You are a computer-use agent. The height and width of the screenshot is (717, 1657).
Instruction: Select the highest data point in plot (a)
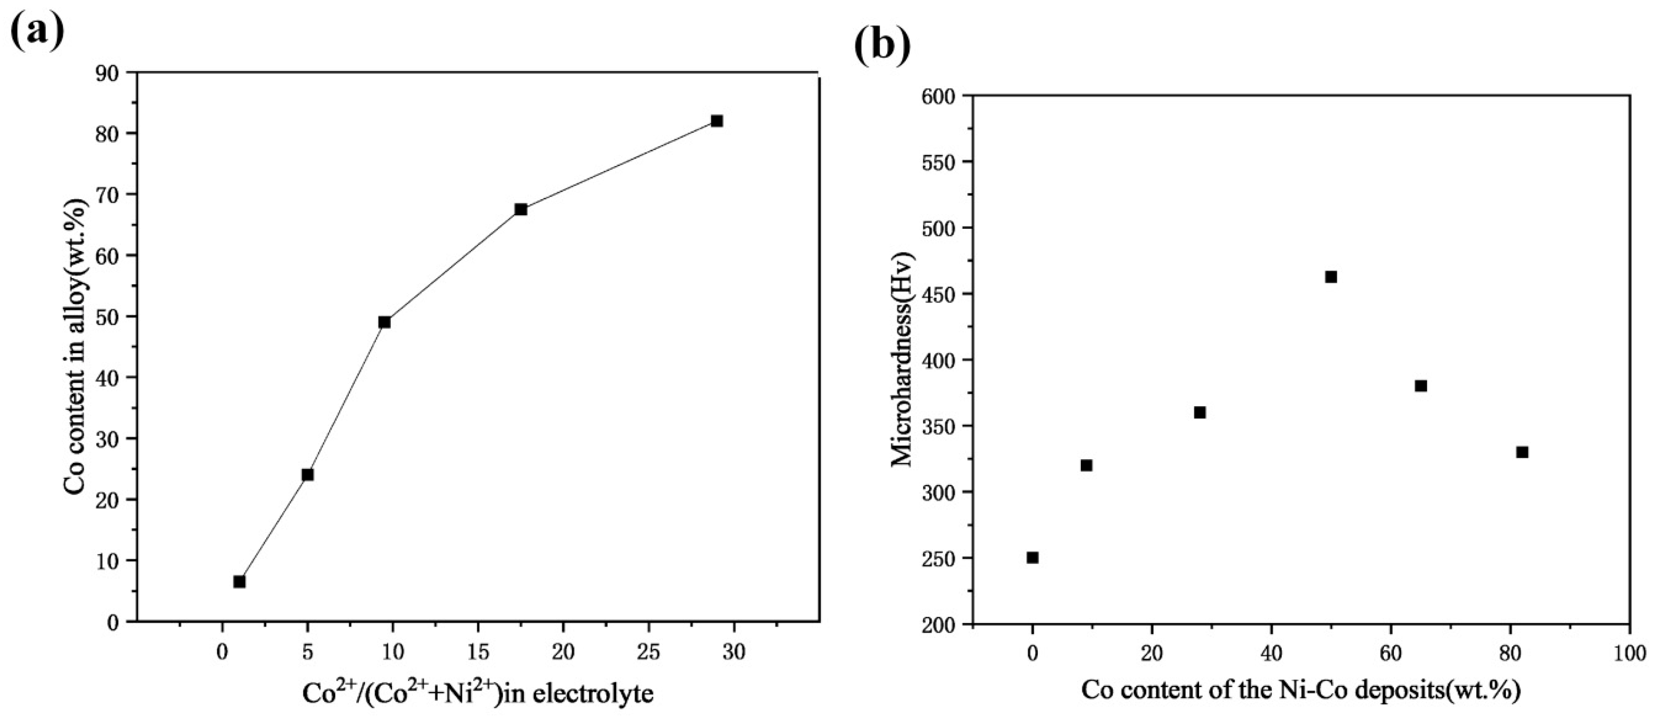(x=716, y=121)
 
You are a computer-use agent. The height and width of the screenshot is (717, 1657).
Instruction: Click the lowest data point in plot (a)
(x=239, y=581)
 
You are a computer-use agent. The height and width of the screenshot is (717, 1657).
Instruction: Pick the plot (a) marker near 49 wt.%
(x=385, y=322)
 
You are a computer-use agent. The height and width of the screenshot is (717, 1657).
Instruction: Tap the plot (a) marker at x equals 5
(x=307, y=475)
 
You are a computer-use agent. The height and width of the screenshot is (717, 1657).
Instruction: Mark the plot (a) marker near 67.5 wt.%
(x=521, y=209)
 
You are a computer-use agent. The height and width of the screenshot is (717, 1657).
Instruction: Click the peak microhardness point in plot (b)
(x=1331, y=277)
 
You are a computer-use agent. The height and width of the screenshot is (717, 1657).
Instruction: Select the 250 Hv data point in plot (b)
(x=1033, y=558)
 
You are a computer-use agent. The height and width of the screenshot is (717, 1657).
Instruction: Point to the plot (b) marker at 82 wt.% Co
(x=1522, y=452)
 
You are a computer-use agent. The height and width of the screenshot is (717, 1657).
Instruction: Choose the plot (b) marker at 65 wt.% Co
(x=1421, y=386)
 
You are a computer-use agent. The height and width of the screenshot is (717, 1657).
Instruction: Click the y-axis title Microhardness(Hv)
(x=902, y=360)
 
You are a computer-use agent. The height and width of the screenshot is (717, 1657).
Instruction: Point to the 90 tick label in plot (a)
(x=105, y=73)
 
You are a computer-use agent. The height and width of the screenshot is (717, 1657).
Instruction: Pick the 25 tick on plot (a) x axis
(x=648, y=652)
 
